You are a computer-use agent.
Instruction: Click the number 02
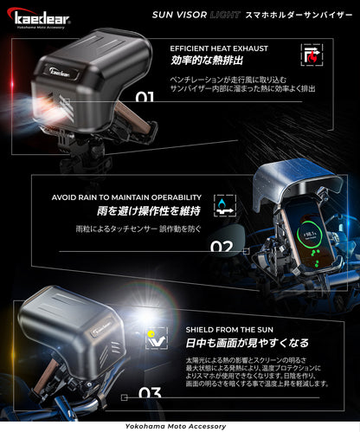[x=222, y=247]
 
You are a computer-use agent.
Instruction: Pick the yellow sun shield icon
[x=154, y=338]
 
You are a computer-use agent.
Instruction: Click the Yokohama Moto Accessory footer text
[x=180, y=426]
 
